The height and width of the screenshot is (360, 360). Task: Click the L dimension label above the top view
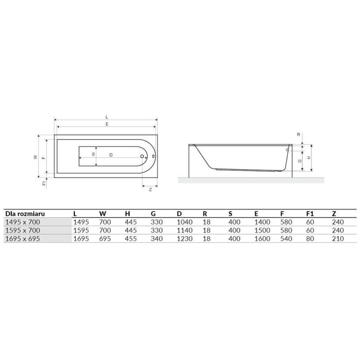pyautogui.click(x=107, y=117)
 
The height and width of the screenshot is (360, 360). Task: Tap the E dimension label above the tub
pyautogui.click(x=107, y=124)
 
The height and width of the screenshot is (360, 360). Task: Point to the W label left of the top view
pyautogui.click(x=36, y=157)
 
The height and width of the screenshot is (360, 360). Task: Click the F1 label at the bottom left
pyautogui.click(x=44, y=183)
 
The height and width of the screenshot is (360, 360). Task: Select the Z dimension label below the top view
pyautogui.click(x=150, y=189)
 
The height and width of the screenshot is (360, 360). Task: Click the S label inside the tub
pyautogui.click(x=93, y=154)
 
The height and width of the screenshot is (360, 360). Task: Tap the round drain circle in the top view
pyautogui.click(x=142, y=156)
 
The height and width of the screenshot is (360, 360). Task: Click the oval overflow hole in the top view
pyautogui.click(x=153, y=156)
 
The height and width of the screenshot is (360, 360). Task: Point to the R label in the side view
pyautogui.click(x=298, y=134)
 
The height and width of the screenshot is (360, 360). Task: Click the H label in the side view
pyautogui.click(x=309, y=158)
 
